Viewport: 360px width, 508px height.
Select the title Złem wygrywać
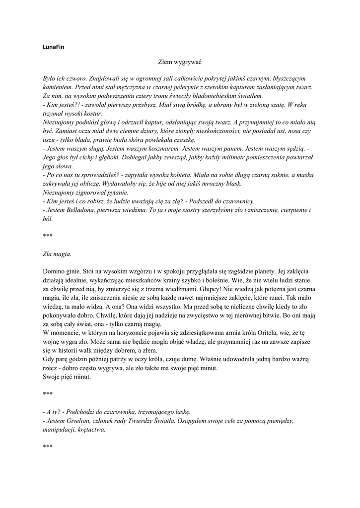pos(179,63)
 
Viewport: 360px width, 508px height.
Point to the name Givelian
pos(80,421)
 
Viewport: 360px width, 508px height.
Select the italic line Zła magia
pos(57,254)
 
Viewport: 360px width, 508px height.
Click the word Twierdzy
pos(168,421)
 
